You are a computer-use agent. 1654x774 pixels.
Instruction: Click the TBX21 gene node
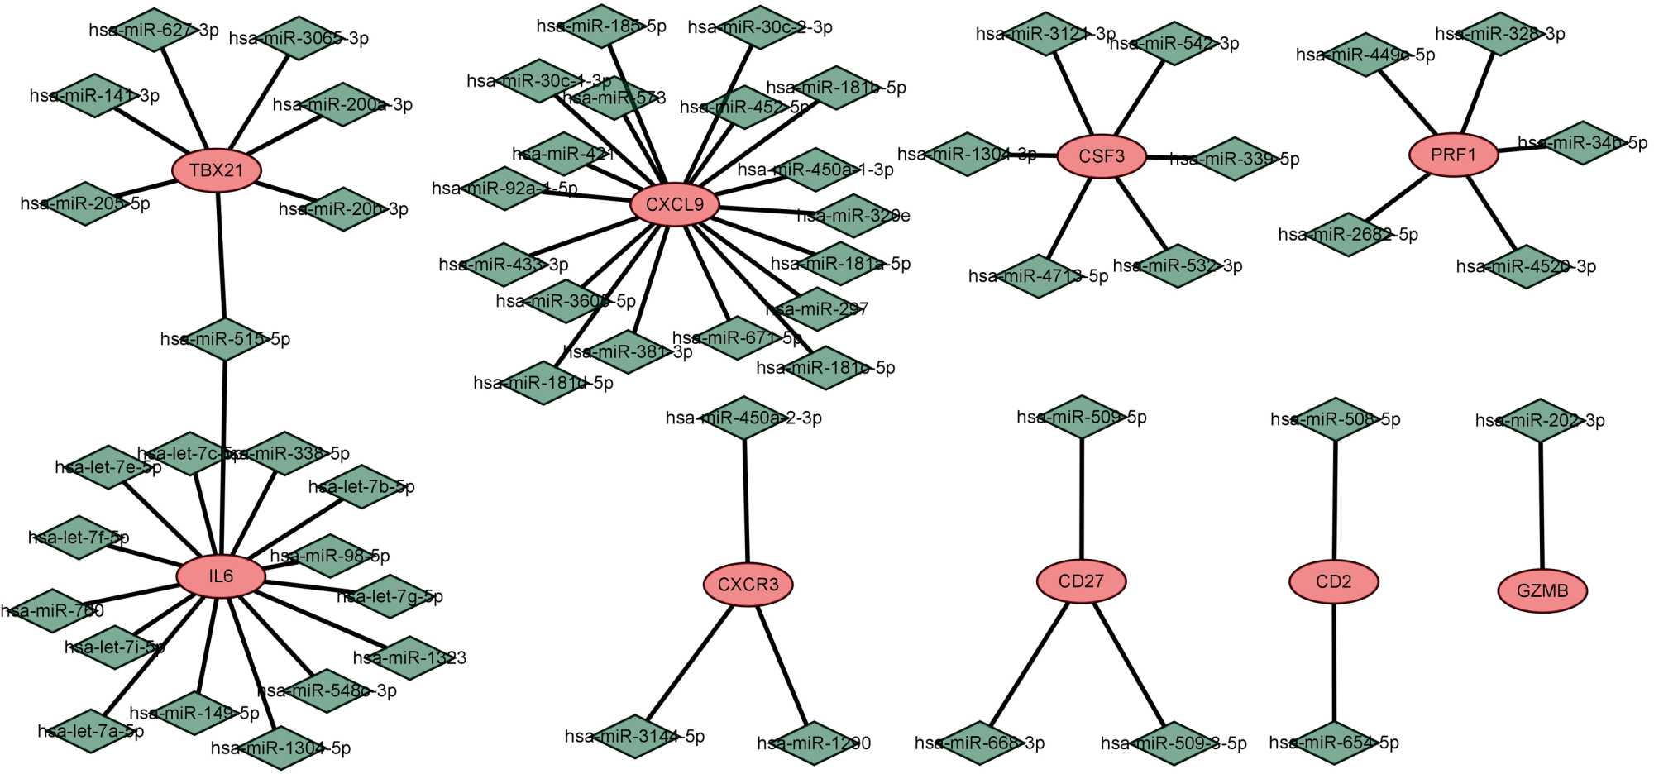pos(217,170)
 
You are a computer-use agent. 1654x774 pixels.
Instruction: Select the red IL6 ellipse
pos(221,576)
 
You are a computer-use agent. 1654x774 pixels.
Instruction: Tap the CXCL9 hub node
pos(674,204)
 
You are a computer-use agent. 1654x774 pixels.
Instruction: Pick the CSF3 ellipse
pos(1102,155)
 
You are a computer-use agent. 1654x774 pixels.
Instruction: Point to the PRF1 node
pos(1453,155)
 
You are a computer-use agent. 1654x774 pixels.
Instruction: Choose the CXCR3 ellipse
pos(748,585)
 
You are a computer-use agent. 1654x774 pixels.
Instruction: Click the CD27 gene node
pos(1081,581)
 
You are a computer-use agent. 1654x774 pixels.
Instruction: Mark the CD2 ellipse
pos(1333,581)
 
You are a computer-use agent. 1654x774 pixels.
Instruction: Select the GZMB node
pos(1542,590)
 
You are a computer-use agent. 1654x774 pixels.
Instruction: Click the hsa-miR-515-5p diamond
pos(224,339)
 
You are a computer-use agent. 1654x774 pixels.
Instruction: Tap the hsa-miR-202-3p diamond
pos(1539,420)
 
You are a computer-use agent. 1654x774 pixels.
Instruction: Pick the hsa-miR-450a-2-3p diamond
pos(743,418)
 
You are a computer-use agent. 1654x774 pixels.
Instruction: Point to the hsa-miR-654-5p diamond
pos(1333,743)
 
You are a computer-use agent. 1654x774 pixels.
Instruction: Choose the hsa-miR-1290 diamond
pos(813,743)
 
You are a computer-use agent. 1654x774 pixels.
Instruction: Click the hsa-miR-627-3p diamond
pos(154,30)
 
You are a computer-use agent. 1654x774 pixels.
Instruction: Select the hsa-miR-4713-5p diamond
pos(1039,275)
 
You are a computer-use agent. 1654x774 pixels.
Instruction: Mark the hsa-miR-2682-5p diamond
pos(1348,234)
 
